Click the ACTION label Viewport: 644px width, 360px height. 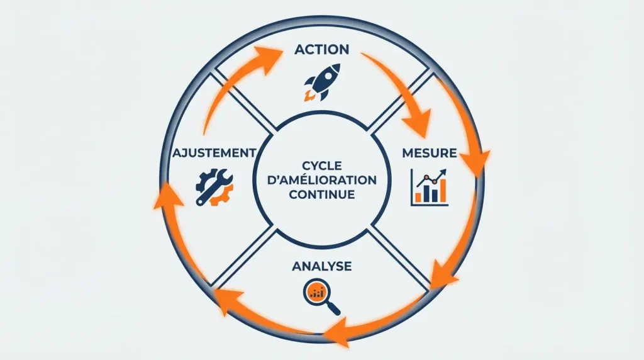321,49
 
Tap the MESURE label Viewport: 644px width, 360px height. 430,153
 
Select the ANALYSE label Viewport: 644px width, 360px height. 321,266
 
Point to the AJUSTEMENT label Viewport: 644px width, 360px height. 213,153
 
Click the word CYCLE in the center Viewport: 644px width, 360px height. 321,165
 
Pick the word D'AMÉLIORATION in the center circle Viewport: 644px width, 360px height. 321,180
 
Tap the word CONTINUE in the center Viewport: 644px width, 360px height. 321,194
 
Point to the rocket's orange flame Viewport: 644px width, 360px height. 308,96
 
